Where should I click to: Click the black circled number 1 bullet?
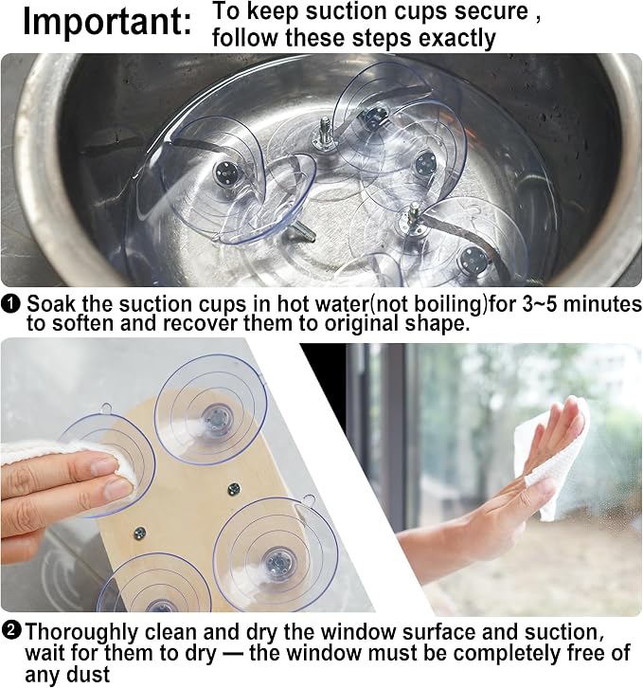pyautogui.click(x=10, y=302)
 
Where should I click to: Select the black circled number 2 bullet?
pyautogui.click(x=11, y=631)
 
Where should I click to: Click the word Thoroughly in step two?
pyautogui.click(x=81, y=633)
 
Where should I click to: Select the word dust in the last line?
pyautogui.click(x=88, y=674)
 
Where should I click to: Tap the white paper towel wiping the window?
pyautogui.click(x=557, y=457)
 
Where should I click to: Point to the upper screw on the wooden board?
pyautogui.click(x=235, y=487)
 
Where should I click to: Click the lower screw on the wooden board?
pyautogui.click(x=140, y=533)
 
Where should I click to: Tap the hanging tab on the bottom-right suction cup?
pyautogui.click(x=309, y=499)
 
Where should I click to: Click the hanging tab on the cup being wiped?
pyautogui.click(x=107, y=408)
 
